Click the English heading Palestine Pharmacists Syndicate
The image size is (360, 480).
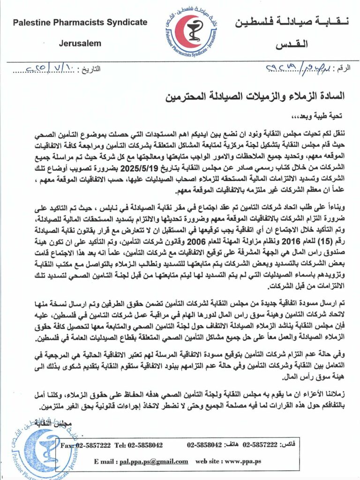pos(80,22)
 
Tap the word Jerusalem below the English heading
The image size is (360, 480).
pos(80,43)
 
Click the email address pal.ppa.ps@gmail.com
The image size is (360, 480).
pos(150,461)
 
